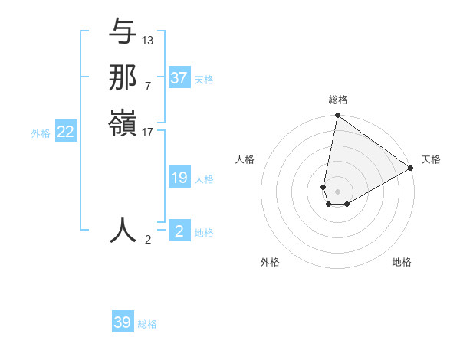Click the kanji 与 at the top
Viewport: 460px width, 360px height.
(123, 33)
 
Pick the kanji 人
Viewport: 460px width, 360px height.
(123, 229)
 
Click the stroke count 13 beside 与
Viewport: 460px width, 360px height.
(148, 40)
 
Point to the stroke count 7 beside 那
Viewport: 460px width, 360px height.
(147, 85)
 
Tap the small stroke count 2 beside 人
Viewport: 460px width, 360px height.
(148, 239)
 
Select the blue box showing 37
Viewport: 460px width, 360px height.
(179, 78)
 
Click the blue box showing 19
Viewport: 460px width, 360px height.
(179, 178)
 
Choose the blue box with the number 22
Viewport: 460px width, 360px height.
(66, 133)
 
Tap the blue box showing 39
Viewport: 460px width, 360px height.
(123, 322)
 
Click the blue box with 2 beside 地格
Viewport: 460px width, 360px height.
(179, 231)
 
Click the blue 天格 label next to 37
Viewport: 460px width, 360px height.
(204, 79)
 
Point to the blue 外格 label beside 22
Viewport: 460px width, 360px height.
(41, 133)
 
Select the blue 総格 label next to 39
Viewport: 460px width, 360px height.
(147, 324)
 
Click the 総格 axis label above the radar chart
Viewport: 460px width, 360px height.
(337, 100)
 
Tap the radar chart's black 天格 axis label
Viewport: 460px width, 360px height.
(431, 159)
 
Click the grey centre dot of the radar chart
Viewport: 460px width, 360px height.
(337, 191)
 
